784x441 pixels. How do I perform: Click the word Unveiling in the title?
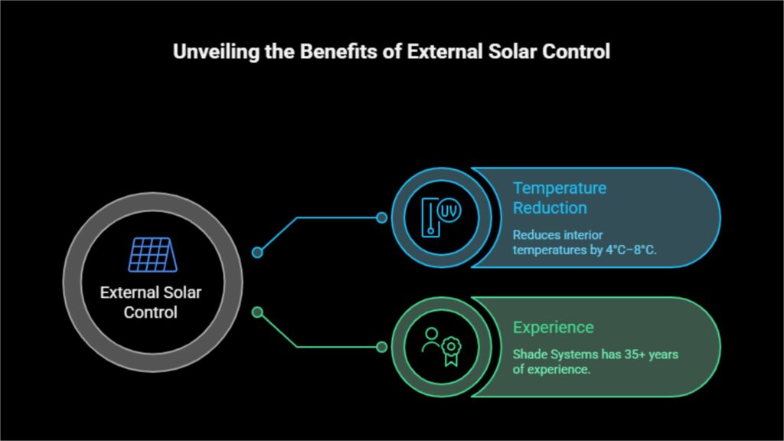tap(216, 52)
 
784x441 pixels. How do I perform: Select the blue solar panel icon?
tap(152, 254)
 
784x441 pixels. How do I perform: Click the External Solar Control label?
tap(151, 302)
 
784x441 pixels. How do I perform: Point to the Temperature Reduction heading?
tap(560, 198)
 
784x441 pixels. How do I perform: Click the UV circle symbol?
tap(449, 211)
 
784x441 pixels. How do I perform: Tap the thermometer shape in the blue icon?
tap(430, 217)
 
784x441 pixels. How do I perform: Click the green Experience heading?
tap(553, 328)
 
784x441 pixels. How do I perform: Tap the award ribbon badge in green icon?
tap(451, 351)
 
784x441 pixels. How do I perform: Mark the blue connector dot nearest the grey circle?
tap(257, 253)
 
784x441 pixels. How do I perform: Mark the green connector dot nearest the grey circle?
tap(257, 312)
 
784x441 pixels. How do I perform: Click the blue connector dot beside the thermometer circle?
tap(381, 217)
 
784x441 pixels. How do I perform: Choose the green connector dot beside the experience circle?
tap(381, 347)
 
